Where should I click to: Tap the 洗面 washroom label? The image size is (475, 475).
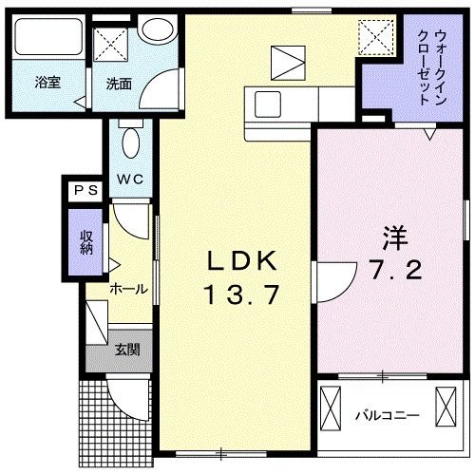click(120, 83)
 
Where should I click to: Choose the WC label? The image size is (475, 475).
click(130, 179)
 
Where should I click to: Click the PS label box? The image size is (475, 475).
click(85, 190)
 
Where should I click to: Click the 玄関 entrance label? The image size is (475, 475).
click(127, 350)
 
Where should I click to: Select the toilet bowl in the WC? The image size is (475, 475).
click(131, 145)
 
